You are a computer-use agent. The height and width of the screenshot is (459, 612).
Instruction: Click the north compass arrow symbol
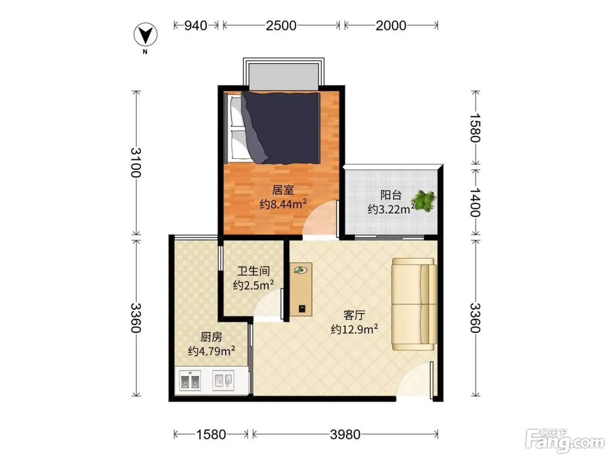pos(145,35)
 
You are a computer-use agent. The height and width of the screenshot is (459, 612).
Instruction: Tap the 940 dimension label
pos(196,26)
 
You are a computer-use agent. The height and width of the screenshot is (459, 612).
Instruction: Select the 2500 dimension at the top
pos(281,26)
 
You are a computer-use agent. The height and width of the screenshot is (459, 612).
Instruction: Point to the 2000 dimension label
pos(391,26)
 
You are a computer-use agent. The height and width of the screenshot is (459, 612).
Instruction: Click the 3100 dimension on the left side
pos(136,163)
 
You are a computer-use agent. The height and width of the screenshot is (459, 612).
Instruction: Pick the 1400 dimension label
pos(475,202)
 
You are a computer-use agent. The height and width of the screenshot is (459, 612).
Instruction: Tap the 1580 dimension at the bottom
pos(211,435)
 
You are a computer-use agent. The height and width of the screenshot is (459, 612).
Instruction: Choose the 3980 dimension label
pos(345,435)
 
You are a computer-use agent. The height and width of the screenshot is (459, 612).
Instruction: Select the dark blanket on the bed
pos(280,128)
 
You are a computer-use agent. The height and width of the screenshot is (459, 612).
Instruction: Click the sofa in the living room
pos(414,304)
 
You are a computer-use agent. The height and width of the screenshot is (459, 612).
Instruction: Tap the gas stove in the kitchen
pos(190,380)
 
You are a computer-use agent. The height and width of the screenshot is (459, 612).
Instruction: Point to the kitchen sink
pos(223,380)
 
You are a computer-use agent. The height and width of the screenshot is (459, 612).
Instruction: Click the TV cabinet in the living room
pos(301,289)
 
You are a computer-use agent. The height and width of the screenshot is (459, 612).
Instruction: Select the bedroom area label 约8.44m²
pos(283,204)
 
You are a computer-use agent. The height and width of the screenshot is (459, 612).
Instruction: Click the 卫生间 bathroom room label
pos(254,271)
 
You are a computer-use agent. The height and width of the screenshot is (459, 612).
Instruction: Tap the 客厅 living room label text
pos(354,315)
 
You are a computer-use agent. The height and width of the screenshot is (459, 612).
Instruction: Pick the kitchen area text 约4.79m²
pos(211,351)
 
